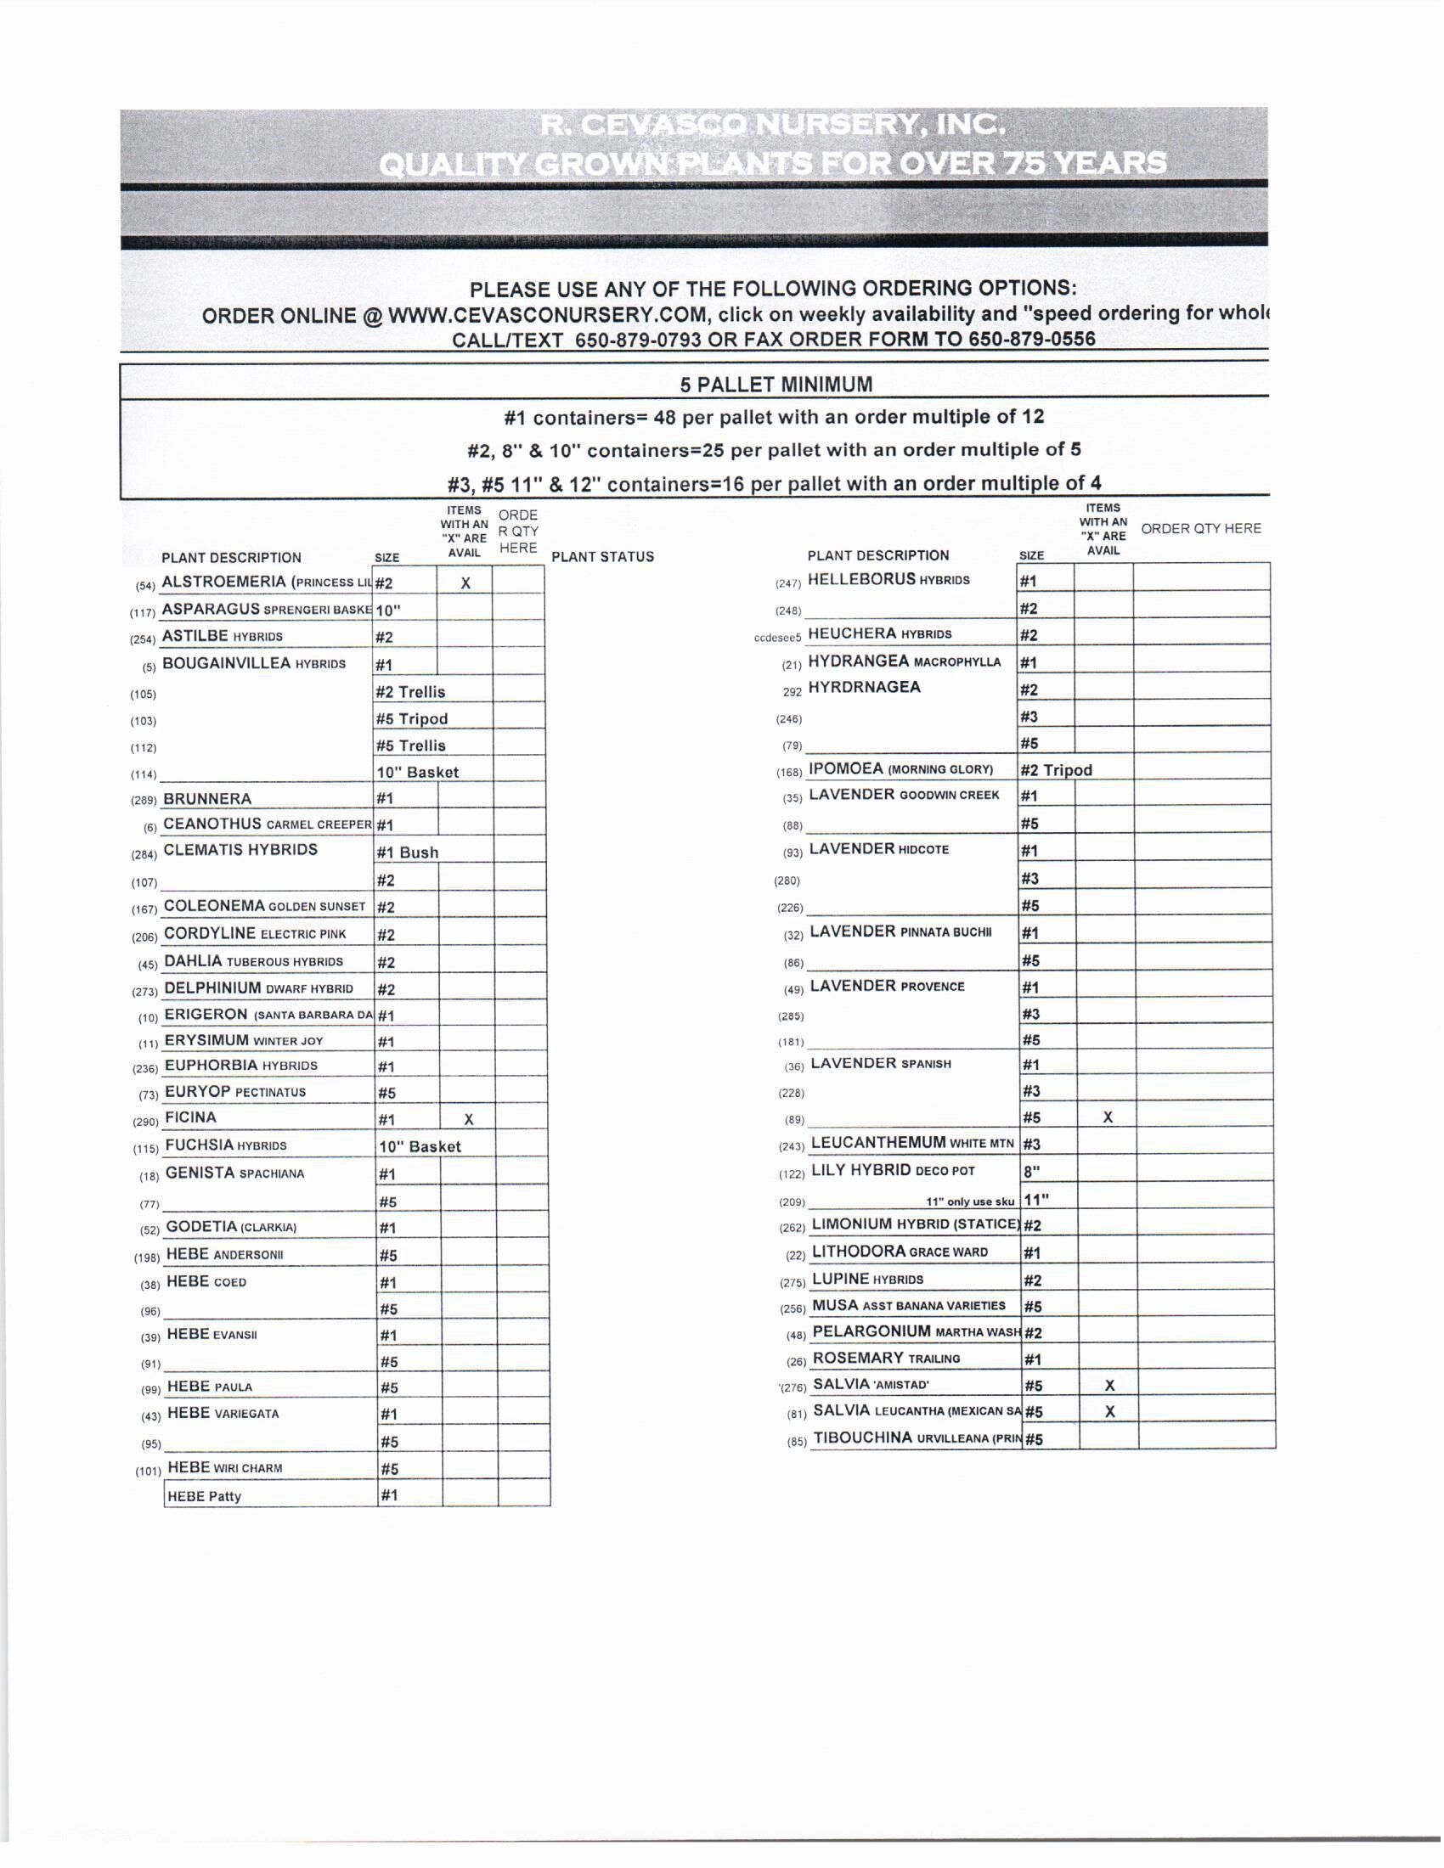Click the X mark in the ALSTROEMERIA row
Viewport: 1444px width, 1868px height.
[465, 583]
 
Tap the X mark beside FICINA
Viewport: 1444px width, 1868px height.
[469, 1119]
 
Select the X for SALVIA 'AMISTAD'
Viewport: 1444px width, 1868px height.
[1109, 1386]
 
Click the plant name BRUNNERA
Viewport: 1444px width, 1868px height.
[207, 799]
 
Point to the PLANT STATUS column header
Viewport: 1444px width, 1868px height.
[602, 557]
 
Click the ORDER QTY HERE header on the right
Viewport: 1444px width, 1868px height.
[1200, 529]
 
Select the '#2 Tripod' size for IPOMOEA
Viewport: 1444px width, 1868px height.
[1056, 770]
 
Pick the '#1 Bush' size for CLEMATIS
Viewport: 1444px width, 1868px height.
[407, 852]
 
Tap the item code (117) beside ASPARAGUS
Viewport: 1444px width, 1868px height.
[142, 612]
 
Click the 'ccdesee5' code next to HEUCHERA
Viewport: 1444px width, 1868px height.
[777, 637]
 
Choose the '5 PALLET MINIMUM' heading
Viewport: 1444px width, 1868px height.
[776, 385]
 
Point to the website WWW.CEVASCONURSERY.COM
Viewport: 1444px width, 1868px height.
[548, 315]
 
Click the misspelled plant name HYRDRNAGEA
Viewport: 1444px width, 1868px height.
[864, 687]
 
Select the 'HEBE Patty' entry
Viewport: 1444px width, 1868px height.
[205, 1497]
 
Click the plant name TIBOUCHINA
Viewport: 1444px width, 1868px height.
[862, 1438]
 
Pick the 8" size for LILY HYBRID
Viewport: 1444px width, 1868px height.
[1033, 1172]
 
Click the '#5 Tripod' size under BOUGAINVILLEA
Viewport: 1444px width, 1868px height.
[411, 719]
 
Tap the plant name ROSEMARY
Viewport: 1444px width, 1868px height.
[858, 1359]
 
